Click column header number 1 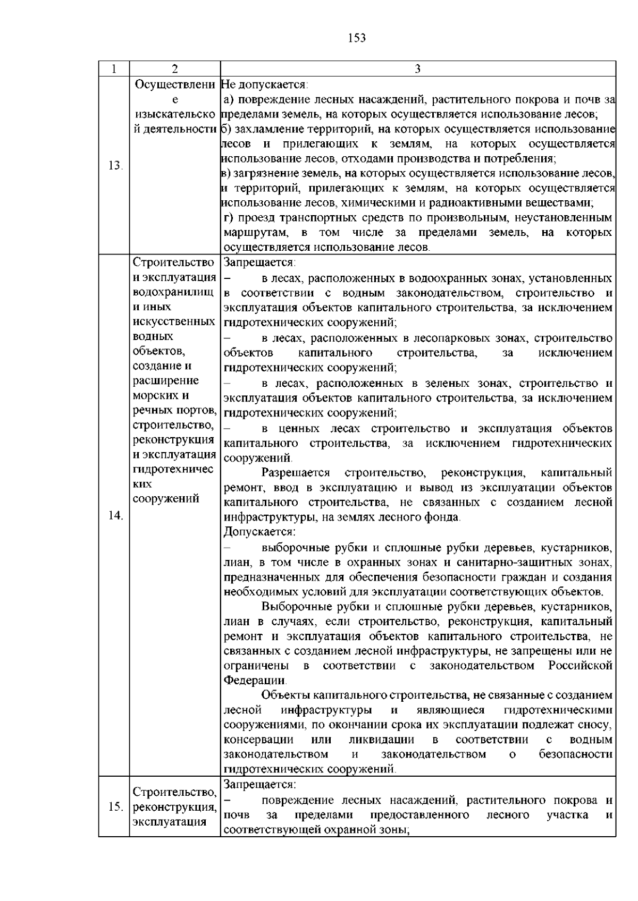click(x=114, y=69)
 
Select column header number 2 click(x=175, y=69)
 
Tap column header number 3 click(x=418, y=69)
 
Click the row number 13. click(x=115, y=165)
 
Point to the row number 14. click(x=115, y=515)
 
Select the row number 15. click(x=115, y=807)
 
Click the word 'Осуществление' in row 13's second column click(x=175, y=84)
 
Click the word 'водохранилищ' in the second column click(x=173, y=292)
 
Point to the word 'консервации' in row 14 click(x=258, y=740)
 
